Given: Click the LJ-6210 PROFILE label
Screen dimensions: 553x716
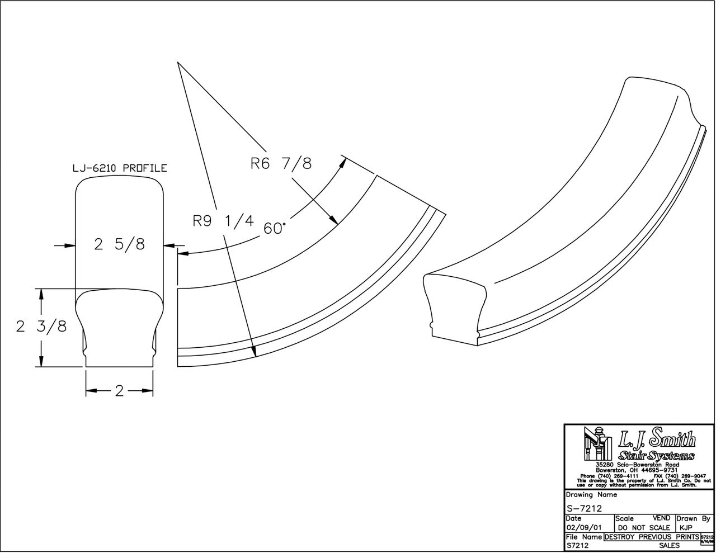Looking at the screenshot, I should pos(120,168).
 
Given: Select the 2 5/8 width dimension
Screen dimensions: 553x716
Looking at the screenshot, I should pos(119,244).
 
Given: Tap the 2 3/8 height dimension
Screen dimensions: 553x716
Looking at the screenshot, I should pos(41,327).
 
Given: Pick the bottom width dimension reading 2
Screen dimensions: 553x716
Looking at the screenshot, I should pos(119,391).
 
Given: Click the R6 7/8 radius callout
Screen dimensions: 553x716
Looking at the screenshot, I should pos(280,164).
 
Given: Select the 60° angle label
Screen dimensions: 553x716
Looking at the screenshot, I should pos(275,228).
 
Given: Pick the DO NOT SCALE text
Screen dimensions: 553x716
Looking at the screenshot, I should pos(644,527).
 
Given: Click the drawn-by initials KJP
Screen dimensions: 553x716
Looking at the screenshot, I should pos(685,527).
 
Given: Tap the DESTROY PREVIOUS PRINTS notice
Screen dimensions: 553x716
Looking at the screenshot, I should pos(652,537).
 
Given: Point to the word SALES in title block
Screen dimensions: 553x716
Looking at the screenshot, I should pos(669,545).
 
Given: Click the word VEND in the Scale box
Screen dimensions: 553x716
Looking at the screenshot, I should pos(662,519).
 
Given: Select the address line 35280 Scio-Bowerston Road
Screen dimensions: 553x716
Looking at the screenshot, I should pos(637,465).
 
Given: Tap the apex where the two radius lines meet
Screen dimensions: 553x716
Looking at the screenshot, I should pos(178,63).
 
